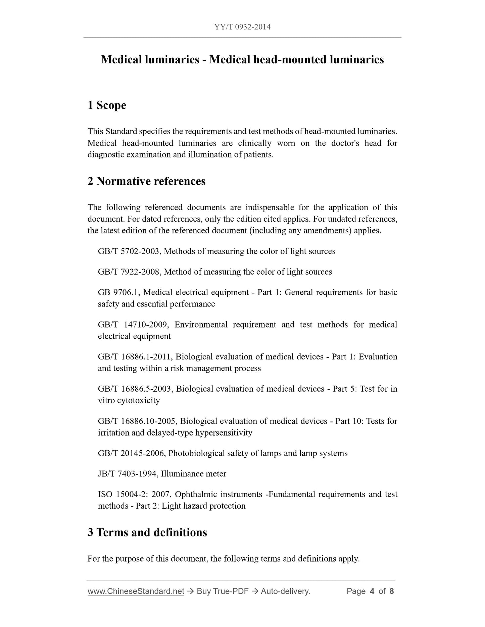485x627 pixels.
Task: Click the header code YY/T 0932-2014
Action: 242,27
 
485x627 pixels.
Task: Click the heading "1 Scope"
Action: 107,105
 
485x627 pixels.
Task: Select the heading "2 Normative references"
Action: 146,181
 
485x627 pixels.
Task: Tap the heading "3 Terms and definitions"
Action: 147,532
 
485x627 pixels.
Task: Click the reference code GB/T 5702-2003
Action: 128,251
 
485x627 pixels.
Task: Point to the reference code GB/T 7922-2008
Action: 128,272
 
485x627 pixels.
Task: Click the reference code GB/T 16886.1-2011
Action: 134,357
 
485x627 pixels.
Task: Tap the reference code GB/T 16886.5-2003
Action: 135,389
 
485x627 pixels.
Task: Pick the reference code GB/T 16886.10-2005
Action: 136,421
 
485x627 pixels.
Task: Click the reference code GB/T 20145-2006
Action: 131,453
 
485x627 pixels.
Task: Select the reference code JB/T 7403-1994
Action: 127,474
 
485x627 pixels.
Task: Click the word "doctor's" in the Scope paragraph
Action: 345,144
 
